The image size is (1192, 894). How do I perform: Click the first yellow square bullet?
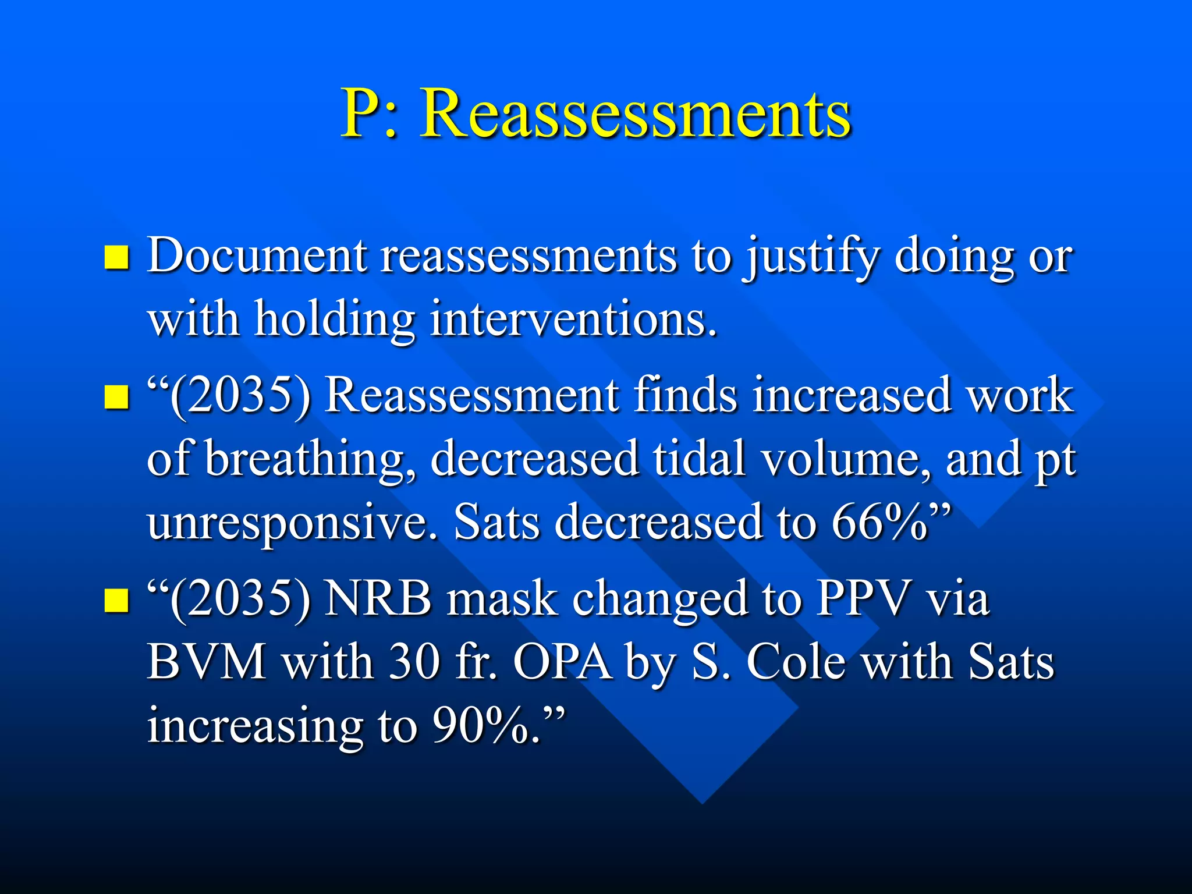tap(116, 257)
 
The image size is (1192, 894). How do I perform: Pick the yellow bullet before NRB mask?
tap(116, 600)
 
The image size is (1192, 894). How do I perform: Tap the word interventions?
tap(573, 320)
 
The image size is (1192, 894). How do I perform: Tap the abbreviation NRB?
tap(378, 599)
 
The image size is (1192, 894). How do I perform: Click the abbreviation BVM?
tap(207, 662)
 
